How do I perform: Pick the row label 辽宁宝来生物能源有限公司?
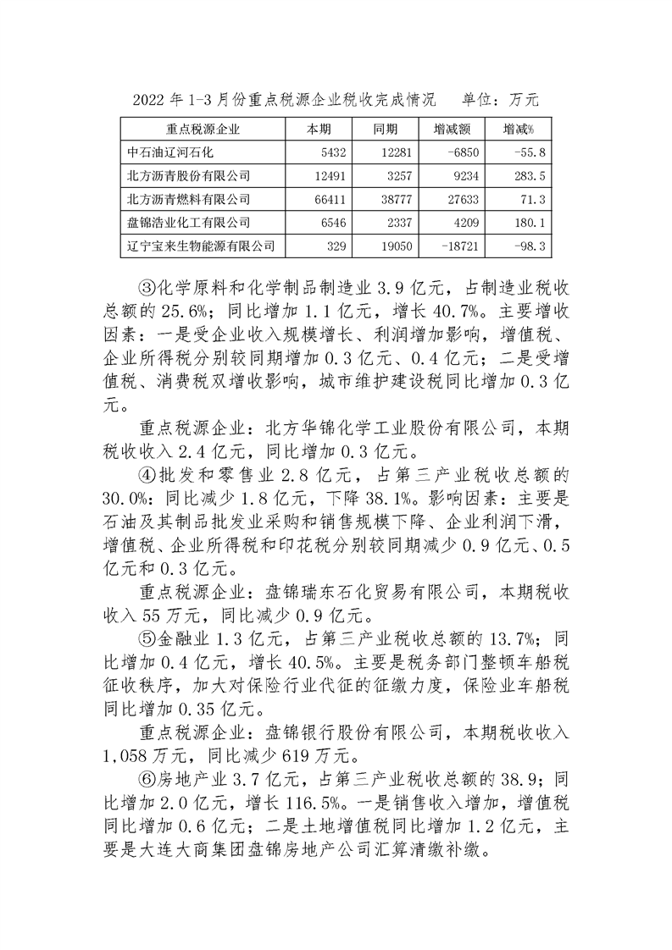(200, 246)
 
